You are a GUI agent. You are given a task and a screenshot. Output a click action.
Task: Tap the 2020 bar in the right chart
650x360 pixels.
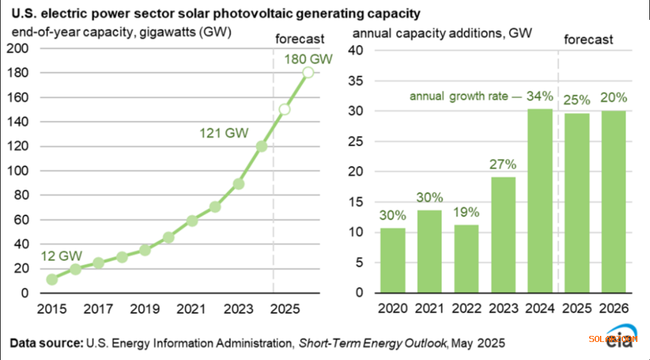pyautogui.click(x=392, y=260)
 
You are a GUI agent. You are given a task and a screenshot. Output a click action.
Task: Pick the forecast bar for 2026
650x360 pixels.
pyautogui.click(x=613, y=202)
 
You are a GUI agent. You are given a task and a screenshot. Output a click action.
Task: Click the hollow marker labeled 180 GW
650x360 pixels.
pyautogui.click(x=308, y=72)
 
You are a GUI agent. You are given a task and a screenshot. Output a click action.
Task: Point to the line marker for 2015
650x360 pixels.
pyautogui.click(x=52, y=279)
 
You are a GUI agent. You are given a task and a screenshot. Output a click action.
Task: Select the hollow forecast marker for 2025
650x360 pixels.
pyautogui.click(x=285, y=110)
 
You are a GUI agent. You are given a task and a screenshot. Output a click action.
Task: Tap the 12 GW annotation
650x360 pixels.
pyautogui.click(x=61, y=256)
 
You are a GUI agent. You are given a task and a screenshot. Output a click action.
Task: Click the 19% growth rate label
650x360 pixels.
pyautogui.click(x=465, y=212)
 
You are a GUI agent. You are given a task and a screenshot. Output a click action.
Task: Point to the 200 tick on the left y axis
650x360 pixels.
pyautogui.click(x=22, y=49)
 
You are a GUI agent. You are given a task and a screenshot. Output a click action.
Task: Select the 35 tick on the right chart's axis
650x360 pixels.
pyautogui.click(x=359, y=81)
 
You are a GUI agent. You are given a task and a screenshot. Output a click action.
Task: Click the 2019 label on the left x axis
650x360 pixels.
pyautogui.click(x=145, y=309)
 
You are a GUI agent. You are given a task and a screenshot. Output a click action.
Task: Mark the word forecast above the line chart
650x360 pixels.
pyautogui.click(x=300, y=39)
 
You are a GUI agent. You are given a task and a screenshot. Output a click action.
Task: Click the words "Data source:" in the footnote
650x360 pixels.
pyautogui.click(x=46, y=343)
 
